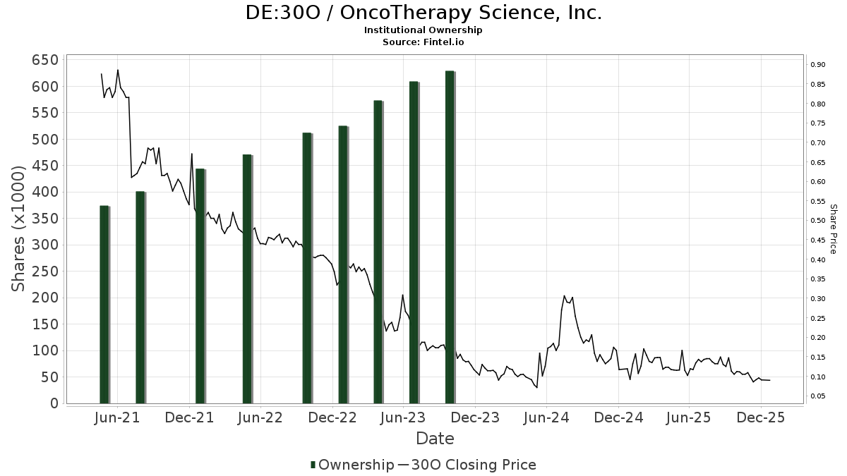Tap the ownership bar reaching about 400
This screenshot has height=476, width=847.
point(140,297)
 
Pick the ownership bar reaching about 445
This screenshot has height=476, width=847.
point(200,286)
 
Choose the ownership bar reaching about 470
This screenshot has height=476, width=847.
point(247,279)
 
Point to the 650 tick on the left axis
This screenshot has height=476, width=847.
point(44,60)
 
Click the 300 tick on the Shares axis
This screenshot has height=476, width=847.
point(44,245)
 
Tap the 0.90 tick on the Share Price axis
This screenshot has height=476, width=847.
point(818,65)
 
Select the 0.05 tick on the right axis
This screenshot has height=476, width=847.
point(818,396)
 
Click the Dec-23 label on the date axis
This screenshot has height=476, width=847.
point(475,417)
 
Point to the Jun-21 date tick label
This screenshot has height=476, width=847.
point(117,417)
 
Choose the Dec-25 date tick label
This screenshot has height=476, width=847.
point(760,417)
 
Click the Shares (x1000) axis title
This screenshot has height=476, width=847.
point(20,228)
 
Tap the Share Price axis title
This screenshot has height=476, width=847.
point(833,228)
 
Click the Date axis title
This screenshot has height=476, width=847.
point(435,439)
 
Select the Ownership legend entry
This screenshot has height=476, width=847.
point(352,465)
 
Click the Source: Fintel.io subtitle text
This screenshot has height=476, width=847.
point(423,42)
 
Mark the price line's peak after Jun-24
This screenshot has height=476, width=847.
point(564,296)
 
